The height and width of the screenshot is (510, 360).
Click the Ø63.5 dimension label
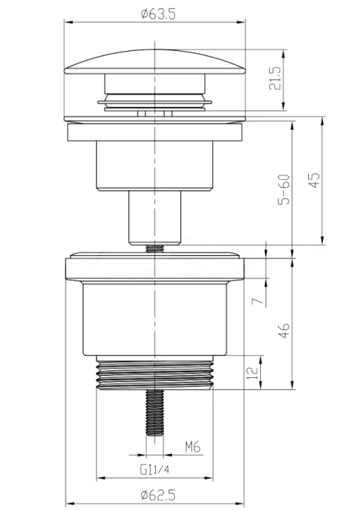tap(158, 14)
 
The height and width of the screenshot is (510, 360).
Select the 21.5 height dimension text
tap(275, 79)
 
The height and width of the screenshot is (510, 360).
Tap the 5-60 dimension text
tap(284, 189)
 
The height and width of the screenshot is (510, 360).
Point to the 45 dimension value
tap(315, 180)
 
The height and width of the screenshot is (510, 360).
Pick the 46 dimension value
tap(284, 331)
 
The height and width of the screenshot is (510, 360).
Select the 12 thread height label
tap(253, 373)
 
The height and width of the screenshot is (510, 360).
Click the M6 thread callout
tap(193, 447)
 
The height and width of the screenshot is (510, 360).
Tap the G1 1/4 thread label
tap(154, 470)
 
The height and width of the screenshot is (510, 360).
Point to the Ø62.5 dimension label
tap(158, 495)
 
